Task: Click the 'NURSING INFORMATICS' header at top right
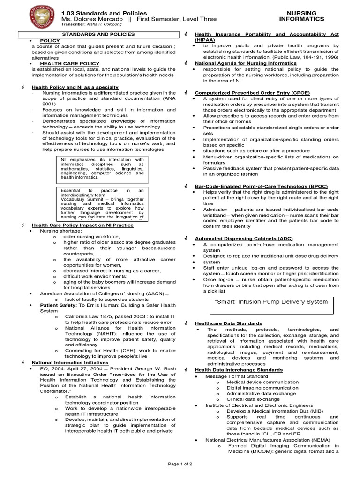click(301, 16)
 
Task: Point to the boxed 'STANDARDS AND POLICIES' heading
click(99, 34)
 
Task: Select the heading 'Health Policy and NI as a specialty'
click(75, 87)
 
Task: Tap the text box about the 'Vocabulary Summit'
click(102, 204)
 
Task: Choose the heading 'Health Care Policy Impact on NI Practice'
click(82, 225)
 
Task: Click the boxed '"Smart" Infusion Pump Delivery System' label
click(271, 302)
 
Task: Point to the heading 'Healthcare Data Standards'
click(228, 323)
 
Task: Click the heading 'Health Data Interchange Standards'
click(239, 370)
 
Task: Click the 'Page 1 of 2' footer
click(180, 464)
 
